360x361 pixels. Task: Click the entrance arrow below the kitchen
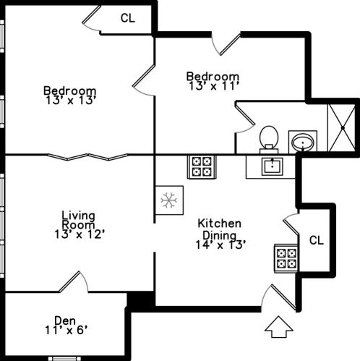point(279,327)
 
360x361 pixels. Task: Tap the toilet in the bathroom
point(269,140)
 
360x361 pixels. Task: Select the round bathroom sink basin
point(303,143)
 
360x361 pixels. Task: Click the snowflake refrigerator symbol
point(169,200)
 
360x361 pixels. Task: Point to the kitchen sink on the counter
point(273,166)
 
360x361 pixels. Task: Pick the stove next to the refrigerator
point(202,166)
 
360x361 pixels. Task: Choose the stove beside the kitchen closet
point(286,258)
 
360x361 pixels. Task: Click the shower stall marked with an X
point(343,127)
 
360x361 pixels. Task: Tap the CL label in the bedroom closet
point(127,18)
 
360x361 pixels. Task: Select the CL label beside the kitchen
point(317,240)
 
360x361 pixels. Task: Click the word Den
point(65,320)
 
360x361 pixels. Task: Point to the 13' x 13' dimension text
point(71,101)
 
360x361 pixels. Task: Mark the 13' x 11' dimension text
point(214,86)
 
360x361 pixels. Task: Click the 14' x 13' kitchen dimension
point(220,245)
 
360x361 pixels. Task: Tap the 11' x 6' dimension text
point(66,330)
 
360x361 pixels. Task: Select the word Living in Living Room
point(78,216)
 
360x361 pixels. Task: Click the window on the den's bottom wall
point(63,359)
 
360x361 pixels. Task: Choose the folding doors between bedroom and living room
point(87,157)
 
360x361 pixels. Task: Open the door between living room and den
point(73,281)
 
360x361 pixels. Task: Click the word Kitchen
point(219,224)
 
